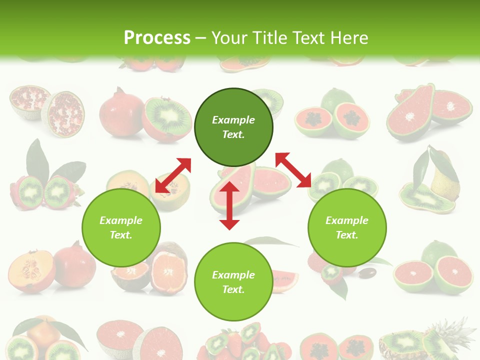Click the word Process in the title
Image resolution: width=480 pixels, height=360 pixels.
click(x=157, y=37)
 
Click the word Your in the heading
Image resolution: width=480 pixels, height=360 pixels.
click(x=230, y=37)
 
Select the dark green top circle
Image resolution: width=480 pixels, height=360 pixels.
click(x=233, y=127)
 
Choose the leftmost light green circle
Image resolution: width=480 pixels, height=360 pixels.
click(x=121, y=228)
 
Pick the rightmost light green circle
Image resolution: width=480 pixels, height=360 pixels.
click(x=347, y=228)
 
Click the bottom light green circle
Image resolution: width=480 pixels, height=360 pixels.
click(x=233, y=282)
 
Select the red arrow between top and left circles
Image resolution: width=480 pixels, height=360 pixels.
click(x=173, y=175)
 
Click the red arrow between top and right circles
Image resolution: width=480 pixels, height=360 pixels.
click(x=293, y=170)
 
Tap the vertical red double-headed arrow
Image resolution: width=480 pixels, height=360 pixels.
click(x=229, y=205)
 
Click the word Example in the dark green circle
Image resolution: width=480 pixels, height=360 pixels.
click(x=233, y=120)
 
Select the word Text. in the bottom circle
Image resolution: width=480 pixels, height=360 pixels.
click(x=233, y=289)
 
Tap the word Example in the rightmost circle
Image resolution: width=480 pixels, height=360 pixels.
click(x=347, y=220)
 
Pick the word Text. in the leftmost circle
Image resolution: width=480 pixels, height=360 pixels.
click(x=121, y=235)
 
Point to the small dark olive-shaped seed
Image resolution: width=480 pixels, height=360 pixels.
click(x=368, y=273)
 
